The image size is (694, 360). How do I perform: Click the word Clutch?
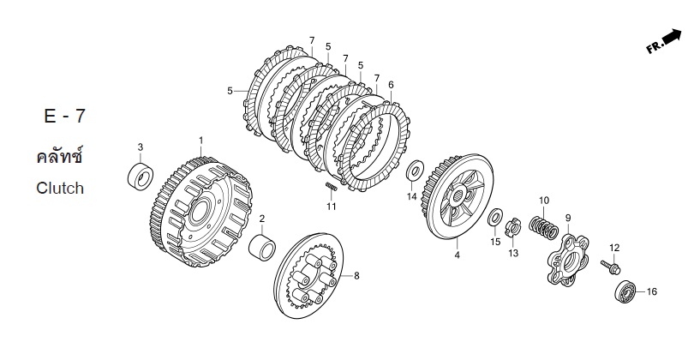(x=60, y=189)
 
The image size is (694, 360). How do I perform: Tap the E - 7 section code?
(x=64, y=116)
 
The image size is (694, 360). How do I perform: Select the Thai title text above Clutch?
(x=59, y=157)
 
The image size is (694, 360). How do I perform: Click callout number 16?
(x=651, y=291)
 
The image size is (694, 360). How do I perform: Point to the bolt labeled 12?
(x=611, y=267)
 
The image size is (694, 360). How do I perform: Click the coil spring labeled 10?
(x=543, y=226)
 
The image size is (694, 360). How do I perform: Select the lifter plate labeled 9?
(x=568, y=259)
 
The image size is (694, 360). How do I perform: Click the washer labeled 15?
(x=495, y=218)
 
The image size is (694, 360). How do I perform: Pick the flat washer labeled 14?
(x=415, y=171)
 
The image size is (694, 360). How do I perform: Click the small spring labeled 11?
(x=331, y=187)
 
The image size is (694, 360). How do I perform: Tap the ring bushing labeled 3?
(x=141, y=177)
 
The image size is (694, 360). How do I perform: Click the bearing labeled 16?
(x=625, y=291)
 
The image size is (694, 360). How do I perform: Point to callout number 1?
(x=201, y=141)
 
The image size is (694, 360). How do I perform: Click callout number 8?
(x=356, y=276)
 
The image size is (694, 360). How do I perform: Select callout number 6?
(x=391, y=85)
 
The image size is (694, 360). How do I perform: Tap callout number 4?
(x=458, y=255)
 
